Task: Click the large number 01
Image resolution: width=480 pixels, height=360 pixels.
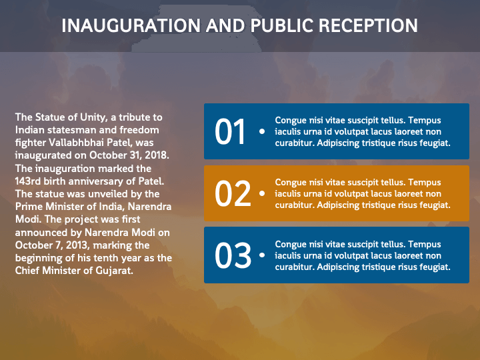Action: click(231, 132)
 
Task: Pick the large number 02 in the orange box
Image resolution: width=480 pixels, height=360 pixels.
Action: click(232, 193)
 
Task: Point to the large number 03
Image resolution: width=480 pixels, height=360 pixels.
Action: click(232, 255)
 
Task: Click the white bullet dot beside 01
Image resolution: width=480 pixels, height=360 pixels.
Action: click(261, 131)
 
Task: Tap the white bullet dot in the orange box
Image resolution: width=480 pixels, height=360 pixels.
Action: click(261, 193)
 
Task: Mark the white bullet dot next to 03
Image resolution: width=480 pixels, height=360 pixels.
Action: click(261, 255)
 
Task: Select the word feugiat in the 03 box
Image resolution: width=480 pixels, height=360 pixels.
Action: click(434, 267)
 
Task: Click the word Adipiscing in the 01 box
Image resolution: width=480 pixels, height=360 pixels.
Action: click(339, 143)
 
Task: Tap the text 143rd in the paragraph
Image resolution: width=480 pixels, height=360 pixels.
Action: click(28, 181)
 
